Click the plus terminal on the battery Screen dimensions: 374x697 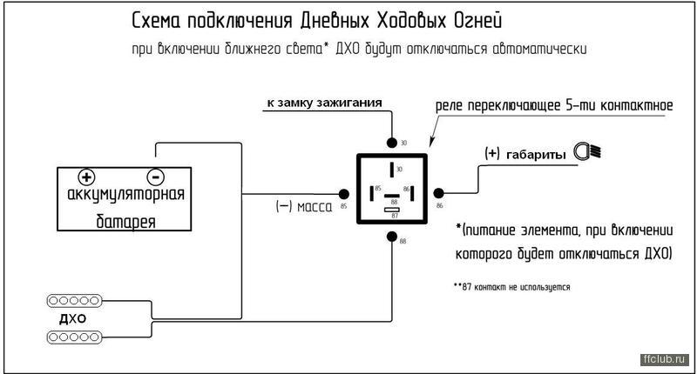click(x=87, y=175)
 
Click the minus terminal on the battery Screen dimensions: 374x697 click(x=153, y=175)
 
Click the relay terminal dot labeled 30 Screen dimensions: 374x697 click(x=390, y=142)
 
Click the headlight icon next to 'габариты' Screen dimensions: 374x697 click(x=587, y=152)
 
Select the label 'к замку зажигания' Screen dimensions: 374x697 click(x=324, y=103)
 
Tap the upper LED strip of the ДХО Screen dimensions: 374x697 click(x=72, y=301)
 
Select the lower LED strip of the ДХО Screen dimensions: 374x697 click(x=72, y=335)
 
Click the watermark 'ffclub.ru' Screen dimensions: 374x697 click(x=665, y=358)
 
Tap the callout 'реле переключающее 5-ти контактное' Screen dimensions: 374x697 click(x=554, y=106)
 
